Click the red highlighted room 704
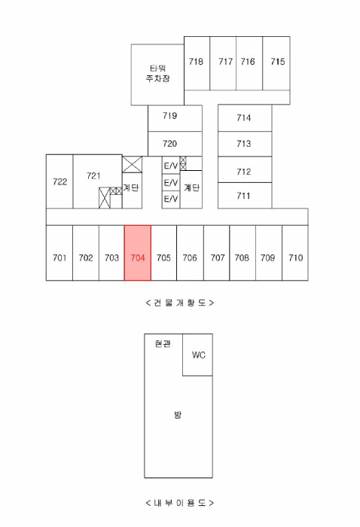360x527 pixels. (138, 253)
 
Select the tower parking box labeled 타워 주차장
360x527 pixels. (157, 75)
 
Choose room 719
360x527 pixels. (175, 118)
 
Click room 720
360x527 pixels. (175, 144)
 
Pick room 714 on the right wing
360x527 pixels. (245, 118)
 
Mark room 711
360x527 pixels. (245, 196)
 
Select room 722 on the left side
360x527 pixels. (59, 181)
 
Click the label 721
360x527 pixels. (93, 175)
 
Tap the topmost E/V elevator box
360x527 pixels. (171, 165)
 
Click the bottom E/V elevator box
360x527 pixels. (171, 200)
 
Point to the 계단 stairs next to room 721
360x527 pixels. (132, 190)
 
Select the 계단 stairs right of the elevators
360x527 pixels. (191, 190)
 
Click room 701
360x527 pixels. (59, 253)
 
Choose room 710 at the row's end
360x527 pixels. (295, 253)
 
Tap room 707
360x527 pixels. (217, 253)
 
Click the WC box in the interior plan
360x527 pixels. (197, 355)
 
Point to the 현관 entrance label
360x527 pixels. (163, 343)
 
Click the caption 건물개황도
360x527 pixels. (180, 303)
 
